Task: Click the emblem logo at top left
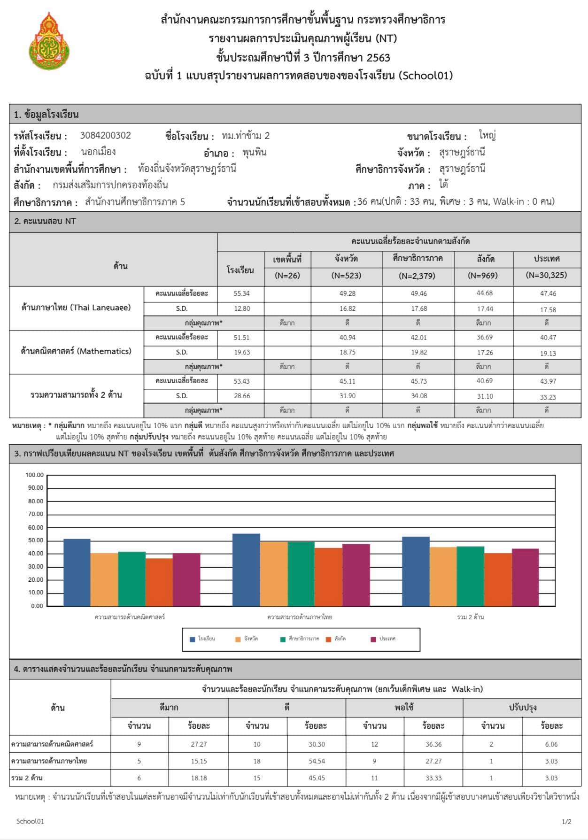click(x=49, y=41)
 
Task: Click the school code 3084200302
click(x=105, y=136)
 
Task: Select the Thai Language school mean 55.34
click(x=241, y=293)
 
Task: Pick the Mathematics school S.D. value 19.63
click(x=241, y=352)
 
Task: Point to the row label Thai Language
click(x=76, y=308)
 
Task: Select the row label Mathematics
click(x=76, y=351)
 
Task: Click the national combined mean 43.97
click(x=548, y=381)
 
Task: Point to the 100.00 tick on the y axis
click(x=34, y=475)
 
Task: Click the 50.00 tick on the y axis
click(x=34, y=540)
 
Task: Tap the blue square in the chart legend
click(x=192, y=639)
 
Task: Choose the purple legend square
click(x=373, y=639)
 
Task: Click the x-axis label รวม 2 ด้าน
click(x=470, y=617)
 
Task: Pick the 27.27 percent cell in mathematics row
click(x=199, y=744)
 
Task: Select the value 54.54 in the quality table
click(x=317, y=761)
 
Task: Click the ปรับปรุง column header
click(x=522, y=708)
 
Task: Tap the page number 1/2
click(x=566, y=822)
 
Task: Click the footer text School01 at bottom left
click(x=30, y=821)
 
